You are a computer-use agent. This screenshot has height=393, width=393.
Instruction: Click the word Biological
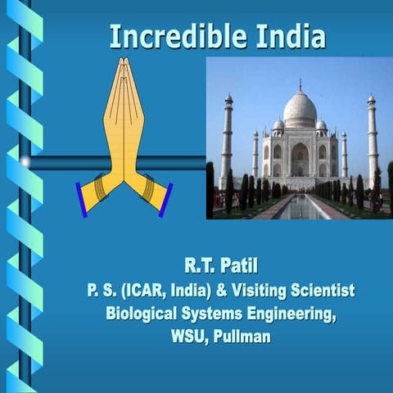point(146,314)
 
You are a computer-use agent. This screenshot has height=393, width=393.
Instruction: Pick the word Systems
point(219,314)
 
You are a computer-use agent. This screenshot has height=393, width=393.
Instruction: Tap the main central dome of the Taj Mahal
point(300,110)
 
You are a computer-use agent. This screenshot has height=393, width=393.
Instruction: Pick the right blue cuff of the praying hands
point(165,201)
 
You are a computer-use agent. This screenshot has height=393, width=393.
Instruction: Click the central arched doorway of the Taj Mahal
point(300,159)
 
